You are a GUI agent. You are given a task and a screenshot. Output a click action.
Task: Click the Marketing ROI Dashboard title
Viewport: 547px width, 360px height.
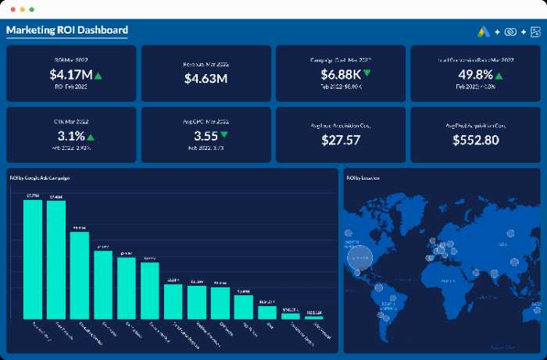(x=67, y=30)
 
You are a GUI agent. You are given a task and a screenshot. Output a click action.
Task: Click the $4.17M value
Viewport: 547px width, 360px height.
(x=66, y=75)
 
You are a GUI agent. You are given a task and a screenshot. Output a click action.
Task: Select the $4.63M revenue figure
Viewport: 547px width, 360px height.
(x=206, y=78)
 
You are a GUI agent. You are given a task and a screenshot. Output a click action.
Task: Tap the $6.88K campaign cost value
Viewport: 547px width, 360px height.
(x=341, y=75)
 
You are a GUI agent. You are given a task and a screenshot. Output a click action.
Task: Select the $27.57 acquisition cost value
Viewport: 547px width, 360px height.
(x=341, y=140)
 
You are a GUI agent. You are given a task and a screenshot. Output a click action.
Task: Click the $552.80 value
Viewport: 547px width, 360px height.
(x=476, y=140)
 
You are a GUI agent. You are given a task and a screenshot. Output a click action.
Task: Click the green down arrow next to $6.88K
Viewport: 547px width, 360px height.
(x=366, y=74)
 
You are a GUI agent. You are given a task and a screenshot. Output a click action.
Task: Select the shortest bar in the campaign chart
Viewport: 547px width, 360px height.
(x=314, y=318)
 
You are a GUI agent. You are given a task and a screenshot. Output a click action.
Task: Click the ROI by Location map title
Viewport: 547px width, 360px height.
(x=363, y=177)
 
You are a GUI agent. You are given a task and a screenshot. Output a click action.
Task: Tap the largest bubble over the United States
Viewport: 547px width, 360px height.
(x=359, y=258)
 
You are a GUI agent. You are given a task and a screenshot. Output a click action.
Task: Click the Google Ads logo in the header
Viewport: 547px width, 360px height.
(x=483, y=32)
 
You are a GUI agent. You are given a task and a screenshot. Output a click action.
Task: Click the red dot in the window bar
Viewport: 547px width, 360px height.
(x=12, y=9)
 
